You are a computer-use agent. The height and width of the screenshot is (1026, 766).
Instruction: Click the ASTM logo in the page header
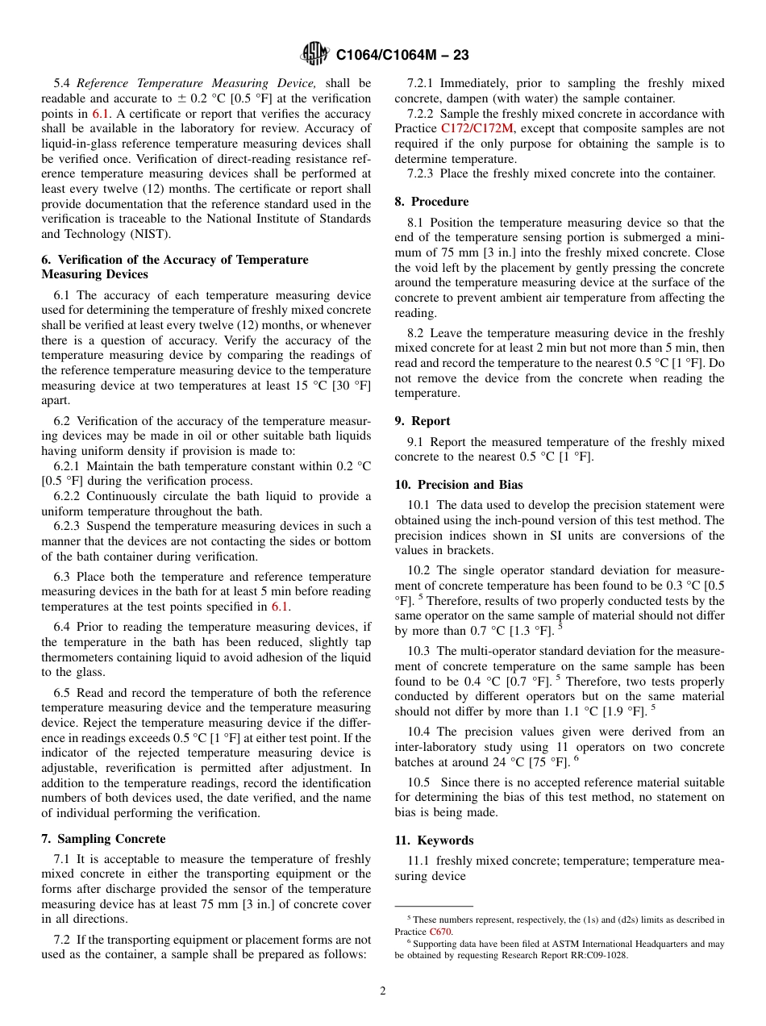coord(314,54)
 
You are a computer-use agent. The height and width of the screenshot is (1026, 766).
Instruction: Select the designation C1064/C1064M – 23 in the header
coord(402,55)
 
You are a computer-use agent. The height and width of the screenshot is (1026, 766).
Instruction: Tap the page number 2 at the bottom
coord(383,991)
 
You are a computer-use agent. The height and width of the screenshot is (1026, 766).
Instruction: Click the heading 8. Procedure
coord(431,202)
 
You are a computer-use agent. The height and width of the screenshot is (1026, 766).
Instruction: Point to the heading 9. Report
coord(423,421)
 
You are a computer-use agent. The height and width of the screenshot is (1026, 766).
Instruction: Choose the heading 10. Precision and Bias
coord(458,485)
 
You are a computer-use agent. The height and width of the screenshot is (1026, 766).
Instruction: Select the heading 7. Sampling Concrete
coord(103,839)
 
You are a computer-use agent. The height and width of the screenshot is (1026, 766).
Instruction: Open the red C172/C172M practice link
coord(477,129)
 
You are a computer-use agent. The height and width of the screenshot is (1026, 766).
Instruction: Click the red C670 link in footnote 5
coord(441,932)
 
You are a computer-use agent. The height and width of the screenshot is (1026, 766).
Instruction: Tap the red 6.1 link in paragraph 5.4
coord(100,114)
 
